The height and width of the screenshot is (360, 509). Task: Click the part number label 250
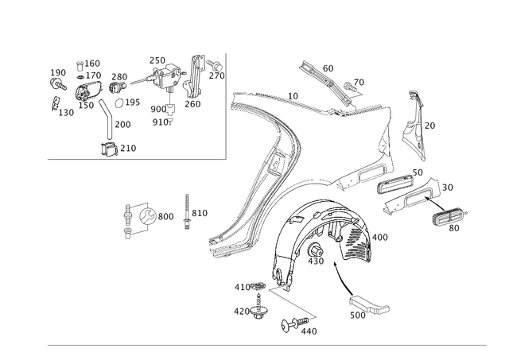tap(157, 60)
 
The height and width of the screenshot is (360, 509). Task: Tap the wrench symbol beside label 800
tap(148, 216)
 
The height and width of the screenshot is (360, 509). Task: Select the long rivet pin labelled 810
tap(187, 212)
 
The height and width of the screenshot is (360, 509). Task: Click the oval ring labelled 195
tap(119, 103)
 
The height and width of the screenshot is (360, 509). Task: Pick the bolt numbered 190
tap(58, 84)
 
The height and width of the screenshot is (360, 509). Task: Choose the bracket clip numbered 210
tap(110, 149)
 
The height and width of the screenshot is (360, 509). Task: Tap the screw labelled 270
tap(216, 65)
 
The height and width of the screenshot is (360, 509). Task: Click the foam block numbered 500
tap(369, 305)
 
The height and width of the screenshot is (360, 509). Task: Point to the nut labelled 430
tap(315, 250)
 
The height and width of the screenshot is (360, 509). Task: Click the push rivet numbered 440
tap(294, 323)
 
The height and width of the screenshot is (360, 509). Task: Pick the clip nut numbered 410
tap(259, 286)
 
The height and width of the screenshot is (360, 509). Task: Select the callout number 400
tap(380, 238)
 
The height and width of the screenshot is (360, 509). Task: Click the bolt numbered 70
tap(348, 87)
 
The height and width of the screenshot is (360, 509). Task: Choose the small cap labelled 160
tap(80, 66)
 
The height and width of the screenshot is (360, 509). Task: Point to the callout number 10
tap(293, 96)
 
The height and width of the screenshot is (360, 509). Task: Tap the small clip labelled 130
tap(55, 103)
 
